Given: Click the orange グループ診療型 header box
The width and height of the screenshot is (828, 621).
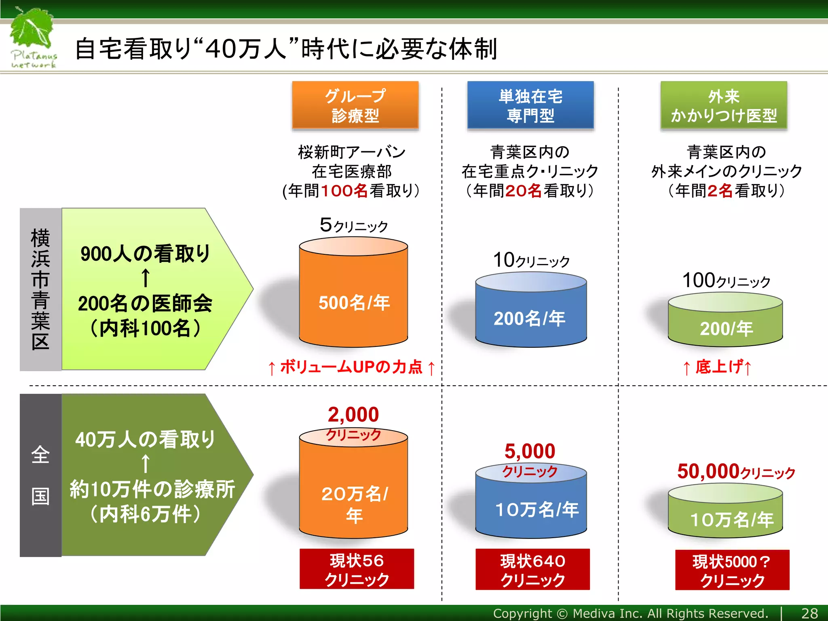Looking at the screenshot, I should [355, 105].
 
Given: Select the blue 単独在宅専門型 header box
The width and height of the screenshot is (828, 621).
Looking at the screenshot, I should [530, 105].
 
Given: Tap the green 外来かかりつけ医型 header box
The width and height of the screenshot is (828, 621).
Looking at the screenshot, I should [724, 105].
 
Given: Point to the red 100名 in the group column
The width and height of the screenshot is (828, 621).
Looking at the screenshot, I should [344, 191].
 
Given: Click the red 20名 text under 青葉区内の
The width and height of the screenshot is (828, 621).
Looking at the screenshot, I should [524, 191].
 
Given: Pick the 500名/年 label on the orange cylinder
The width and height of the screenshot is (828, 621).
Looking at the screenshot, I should [354, 302].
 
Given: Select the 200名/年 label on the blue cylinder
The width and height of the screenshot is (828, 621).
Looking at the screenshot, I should [530, 318].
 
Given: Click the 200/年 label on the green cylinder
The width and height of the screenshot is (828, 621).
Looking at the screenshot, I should [726, 328].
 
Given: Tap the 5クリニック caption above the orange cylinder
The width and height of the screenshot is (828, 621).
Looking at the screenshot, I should [353, 225].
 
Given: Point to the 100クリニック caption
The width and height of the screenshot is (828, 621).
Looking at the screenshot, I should [726, 280].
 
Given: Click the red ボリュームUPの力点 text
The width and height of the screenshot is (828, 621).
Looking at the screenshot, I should [351, 367].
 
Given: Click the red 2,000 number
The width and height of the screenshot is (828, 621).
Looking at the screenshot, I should [353, 414].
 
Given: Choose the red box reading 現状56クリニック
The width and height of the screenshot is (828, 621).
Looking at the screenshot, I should [357, 569].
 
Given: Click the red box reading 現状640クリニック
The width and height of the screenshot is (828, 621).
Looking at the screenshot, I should [532, 569].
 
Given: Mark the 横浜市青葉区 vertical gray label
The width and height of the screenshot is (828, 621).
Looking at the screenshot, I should [40, 289].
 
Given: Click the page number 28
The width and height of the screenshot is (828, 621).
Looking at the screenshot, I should [809, 613].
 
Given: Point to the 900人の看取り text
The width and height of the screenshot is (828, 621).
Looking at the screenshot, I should [146, 254].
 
